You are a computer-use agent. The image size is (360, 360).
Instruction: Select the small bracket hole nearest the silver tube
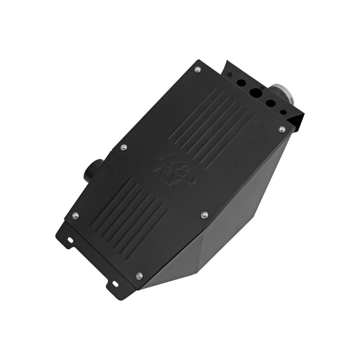(x=283, y=112)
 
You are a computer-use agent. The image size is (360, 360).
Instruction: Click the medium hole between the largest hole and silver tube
(x=270, y=103)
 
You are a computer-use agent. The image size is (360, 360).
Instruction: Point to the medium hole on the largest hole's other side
(x=241, y=83)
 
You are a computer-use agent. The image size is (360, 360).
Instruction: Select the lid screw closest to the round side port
(x=124, y=147)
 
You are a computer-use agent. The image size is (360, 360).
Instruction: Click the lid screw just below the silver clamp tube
(x=282, y=130)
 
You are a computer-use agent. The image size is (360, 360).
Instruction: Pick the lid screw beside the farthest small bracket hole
(x=197, y=69)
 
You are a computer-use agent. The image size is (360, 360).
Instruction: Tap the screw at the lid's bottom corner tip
(x=139, y=275)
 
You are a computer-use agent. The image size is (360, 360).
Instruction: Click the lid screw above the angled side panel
(x=205, y=215)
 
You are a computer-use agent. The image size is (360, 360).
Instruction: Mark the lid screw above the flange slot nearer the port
(x=75, y=216)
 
